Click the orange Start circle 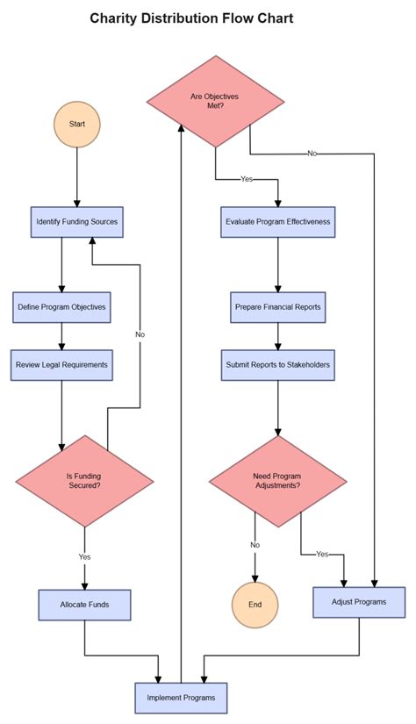click(77, 125)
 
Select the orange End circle click(255, 605)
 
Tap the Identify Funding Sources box click(76, 222)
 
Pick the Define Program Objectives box click(61, 307)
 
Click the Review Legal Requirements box click(61, 364)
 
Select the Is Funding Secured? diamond click(84, 480)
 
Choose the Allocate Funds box click(84, 605)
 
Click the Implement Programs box click(181, 698)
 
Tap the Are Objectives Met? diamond click(215, 101)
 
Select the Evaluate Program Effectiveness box click(278, 222)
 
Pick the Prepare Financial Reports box click(278, 307)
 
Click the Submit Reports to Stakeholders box click(278, 364)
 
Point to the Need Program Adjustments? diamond click(278, 480)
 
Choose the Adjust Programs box click(360, 602)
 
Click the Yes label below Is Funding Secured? click(84, 556)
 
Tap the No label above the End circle click(255, 545)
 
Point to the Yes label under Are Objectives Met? click(247, 179)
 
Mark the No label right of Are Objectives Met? click(312, 154)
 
